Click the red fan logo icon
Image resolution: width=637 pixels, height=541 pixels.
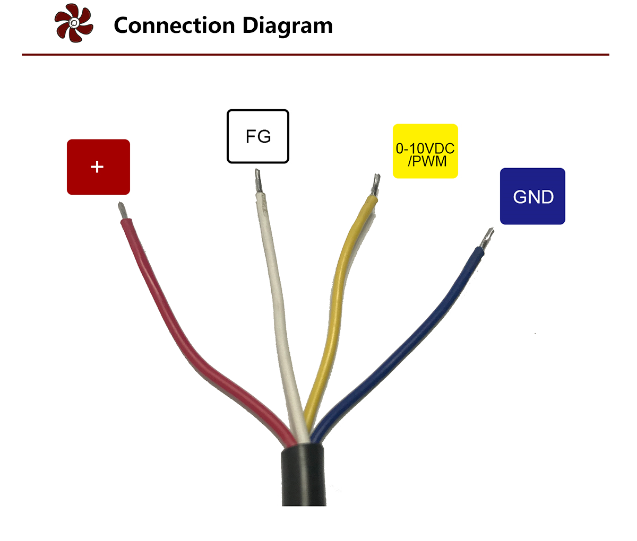pos(74,23)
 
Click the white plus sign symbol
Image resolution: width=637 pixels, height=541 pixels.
pos(97,167)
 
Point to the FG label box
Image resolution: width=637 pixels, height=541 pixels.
pos(258,136)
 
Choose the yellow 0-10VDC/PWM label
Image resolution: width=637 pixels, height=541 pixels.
pos(425,151)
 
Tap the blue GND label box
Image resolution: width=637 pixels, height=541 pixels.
pos(532,196)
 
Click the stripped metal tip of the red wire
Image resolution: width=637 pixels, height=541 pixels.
pos(124,211)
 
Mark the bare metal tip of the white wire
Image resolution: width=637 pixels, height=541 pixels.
pos(259,181)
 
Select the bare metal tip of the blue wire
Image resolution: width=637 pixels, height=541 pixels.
pos(486,238)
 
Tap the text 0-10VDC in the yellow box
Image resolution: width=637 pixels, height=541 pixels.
pos(425,148)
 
